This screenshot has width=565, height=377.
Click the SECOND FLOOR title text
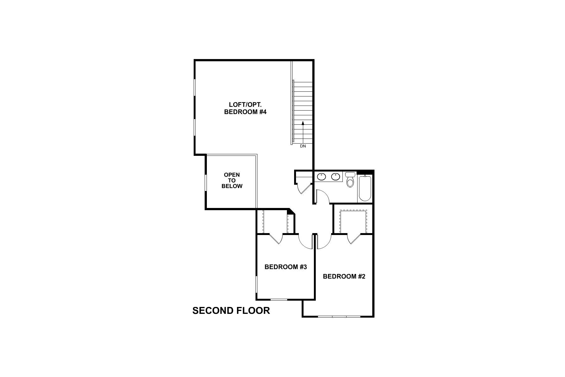231,311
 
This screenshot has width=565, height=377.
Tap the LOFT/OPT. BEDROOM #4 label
245,108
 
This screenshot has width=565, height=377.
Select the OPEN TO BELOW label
232,180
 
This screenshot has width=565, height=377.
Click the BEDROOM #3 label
285,267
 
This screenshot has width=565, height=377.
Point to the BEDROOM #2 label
344,276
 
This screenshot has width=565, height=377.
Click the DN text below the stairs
303,146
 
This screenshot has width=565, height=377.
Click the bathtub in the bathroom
365,188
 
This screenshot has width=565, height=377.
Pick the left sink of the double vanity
321,177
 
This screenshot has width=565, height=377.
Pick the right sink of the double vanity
336,177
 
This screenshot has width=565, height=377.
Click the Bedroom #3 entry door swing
305,242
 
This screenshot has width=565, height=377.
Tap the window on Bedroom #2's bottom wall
339,316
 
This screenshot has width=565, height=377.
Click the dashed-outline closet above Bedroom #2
353,221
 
